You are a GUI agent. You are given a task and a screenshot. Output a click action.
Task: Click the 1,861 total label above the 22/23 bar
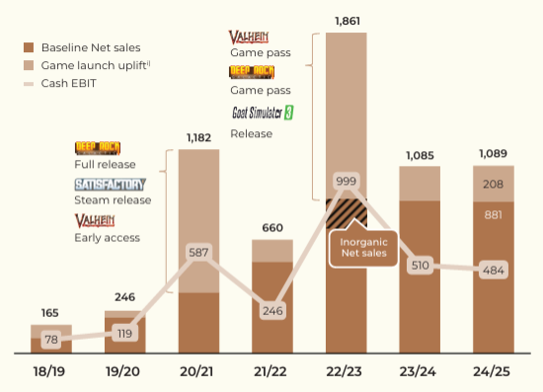click(x=348, y=21)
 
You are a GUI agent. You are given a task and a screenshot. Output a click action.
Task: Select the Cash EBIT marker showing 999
click(x=347, y=181)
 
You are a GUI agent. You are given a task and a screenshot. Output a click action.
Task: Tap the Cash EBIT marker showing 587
click(x=198, y=252)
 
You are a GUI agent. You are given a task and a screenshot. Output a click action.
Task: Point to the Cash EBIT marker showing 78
click(x=51, y=340)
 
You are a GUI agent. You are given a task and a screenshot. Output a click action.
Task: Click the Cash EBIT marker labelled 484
click(x=494, y=271)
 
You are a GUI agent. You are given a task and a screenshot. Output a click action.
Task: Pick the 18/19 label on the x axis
click(x=49, y=371)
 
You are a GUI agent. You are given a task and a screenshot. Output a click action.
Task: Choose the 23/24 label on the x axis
click(x=418, y=371)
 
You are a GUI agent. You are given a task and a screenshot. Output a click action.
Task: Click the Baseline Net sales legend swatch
click(x=29, y=47)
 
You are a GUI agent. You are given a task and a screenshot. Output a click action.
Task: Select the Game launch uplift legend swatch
click(x=29, y=65)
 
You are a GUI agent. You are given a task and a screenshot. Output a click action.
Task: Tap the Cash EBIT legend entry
click(x=60, y=84)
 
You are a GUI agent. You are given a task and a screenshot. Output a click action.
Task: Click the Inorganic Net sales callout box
click(x=363, y=248)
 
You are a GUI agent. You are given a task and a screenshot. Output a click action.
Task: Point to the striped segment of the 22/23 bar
click(x=347, y=213)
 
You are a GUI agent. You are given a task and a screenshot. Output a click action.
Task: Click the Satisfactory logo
click(x=111, y=185)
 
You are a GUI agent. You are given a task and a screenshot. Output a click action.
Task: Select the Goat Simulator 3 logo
click(x=263, y=113)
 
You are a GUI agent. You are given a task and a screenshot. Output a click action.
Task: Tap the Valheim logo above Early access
click(x=95, y=220)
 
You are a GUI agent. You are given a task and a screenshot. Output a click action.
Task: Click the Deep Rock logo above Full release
click(x=98, y=148)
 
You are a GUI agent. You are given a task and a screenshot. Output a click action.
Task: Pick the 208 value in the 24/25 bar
click(x=493, y=184)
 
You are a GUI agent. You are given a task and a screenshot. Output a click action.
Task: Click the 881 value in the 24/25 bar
click(x=493, y=215)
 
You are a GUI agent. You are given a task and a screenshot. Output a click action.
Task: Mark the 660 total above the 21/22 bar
click(x=272, y=227)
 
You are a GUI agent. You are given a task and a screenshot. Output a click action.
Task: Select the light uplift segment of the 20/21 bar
click(x=198, y=221)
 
